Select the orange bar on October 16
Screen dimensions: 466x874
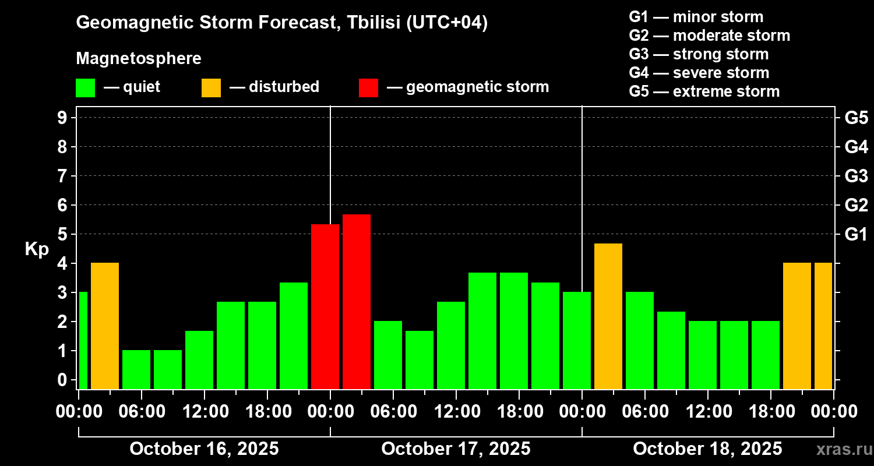(x=105, y=326)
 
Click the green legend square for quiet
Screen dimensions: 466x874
(x=85, y=88)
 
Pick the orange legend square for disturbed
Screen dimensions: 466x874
(x=211, y=88)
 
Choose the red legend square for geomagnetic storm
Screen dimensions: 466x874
(x=368, y=88)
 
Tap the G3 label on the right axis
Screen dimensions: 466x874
(x=856, y=176)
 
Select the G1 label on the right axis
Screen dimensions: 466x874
(x=856, y=234)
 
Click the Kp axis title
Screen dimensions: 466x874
(x=37, y=249)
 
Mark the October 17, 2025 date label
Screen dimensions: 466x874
(x=456, y=449)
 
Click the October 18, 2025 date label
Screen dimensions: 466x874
(x=707, y=449)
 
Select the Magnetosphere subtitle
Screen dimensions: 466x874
(x=139, y=59)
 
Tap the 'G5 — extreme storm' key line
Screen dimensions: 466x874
(x=704, y=91)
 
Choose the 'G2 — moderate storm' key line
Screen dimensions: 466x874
(x=709, y=36)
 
